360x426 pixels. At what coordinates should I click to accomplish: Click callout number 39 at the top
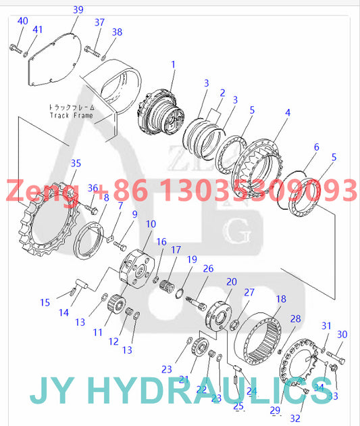[x=78, y=9]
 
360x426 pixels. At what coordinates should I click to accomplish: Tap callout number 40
[x=23, y=21]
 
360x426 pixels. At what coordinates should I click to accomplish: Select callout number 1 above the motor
[x=173, y=65]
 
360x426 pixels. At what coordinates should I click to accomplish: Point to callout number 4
[x=288, y=112]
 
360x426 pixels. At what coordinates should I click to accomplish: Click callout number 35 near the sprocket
[x=76, y=163]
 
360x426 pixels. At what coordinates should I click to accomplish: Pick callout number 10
[x=151, y=224]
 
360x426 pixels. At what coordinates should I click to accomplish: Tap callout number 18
[x=281, y=298]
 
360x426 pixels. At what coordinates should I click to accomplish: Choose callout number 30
[x=342, y=335]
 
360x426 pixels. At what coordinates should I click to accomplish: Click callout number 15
[x=45, y=302]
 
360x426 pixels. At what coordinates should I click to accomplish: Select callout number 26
[x=208, y=270]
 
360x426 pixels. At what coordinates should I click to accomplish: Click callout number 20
[x=232, y=282]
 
